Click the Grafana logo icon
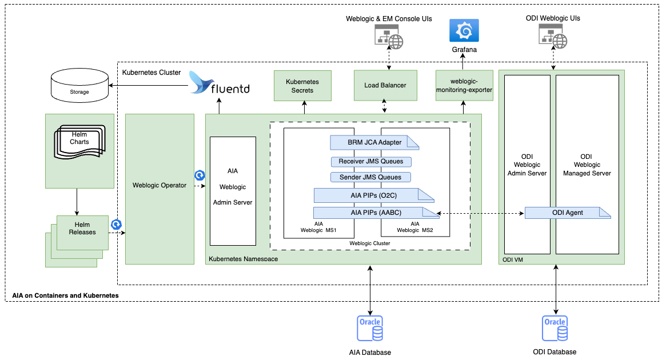(x=464, y=30)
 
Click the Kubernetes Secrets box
(x=302, y=86)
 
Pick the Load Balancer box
(x=385, y=86)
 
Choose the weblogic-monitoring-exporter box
(x=464, y=86)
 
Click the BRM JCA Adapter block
(x=374, y=142)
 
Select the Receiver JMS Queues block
(x=370, y=162)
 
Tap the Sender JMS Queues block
(x=370, y=177)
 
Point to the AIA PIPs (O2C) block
(x=374, y=195)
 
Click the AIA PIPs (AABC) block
(x=374, y=213)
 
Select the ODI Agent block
(x=568, y=213)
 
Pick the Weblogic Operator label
(x=159, y=185)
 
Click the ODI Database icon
(x=555, y=328)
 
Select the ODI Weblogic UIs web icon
(x=553, y=37)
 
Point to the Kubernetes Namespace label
(x=244, y=259)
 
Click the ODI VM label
(x=513, y=260)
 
